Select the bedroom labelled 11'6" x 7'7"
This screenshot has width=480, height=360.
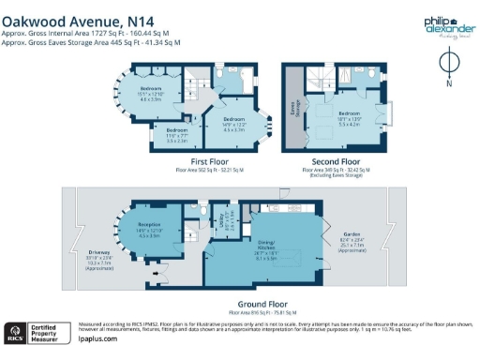click(177, 133)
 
